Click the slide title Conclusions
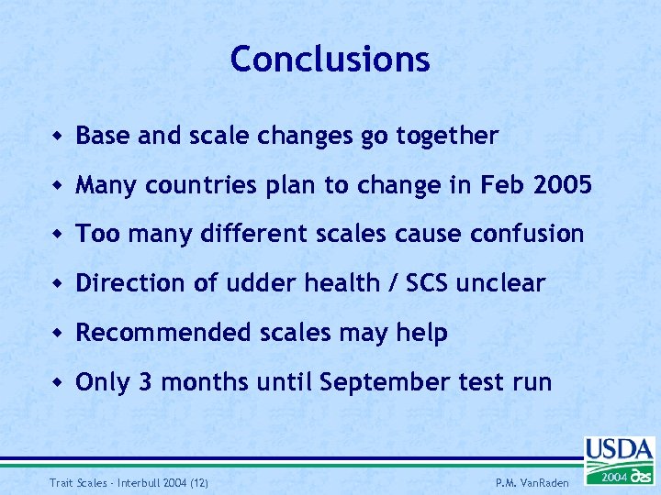[x=330, y=60]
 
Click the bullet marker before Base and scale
[x=58, y=137]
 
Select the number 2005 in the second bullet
[x=561, y=185]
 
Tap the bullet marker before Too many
[x=58, y=235]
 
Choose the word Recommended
[x=162, y=333]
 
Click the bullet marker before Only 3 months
[x=58, y=382]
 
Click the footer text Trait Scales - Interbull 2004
[x=126, y=483]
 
